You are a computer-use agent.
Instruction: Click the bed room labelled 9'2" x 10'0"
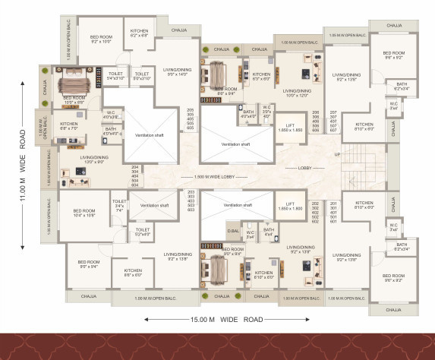pyautogui.click(x=101, y=39)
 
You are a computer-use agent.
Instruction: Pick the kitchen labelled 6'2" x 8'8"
pyautogui.click(x=139, y=33)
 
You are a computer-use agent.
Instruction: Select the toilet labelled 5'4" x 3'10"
pyautogui.click(x=115, y=76)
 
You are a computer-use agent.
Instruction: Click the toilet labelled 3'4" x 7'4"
pyautogui.click(x=119, y=204)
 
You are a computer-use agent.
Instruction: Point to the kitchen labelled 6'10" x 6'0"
pyautogui.click(x=263, y=275)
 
